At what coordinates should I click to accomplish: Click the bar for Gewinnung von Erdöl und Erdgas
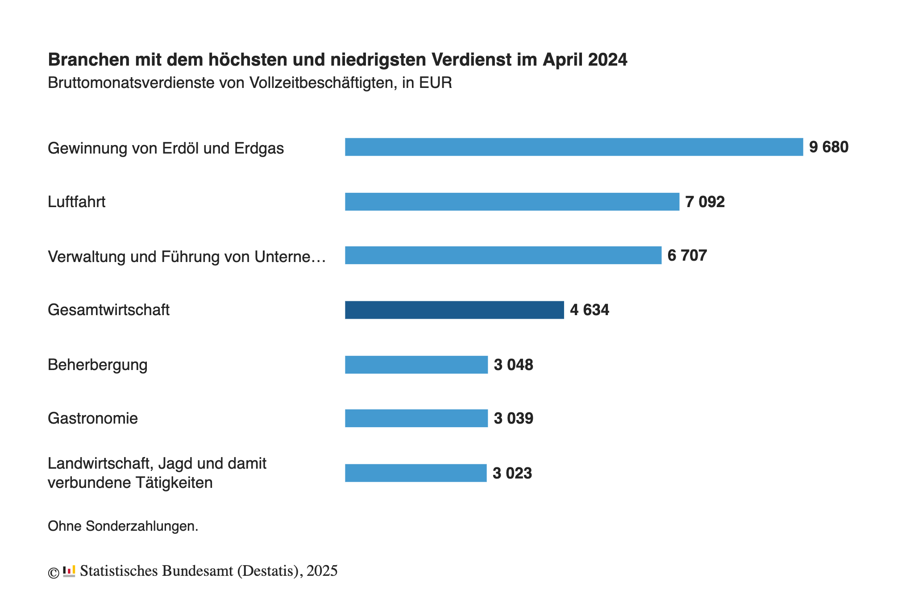click(573, 147)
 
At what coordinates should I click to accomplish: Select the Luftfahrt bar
click(512, 202)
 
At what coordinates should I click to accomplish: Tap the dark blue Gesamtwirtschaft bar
click(454, 310)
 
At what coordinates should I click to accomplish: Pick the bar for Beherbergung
click(416, 365)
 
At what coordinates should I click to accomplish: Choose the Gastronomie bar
click(416, 418)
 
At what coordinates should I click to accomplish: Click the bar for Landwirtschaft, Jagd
click(415, 473)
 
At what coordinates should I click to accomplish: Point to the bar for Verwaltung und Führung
click(503, 255)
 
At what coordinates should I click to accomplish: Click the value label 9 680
click(828, 147)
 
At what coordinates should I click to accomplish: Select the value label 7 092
click(705, 202)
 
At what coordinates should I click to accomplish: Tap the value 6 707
click(687, 255)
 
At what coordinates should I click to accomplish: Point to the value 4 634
click(589, 310)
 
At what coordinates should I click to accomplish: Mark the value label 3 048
click(513, 365)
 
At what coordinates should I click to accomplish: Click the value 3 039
click(513, 418)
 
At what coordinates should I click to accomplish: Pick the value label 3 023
click(512, 473)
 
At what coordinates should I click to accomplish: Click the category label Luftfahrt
click(76, 202)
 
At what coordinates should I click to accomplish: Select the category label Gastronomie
click(92, 418)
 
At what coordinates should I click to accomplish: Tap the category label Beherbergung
click(97, 365)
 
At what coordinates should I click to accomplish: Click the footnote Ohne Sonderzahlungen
click(123, 526)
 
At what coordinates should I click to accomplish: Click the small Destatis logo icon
click(69, 571)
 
